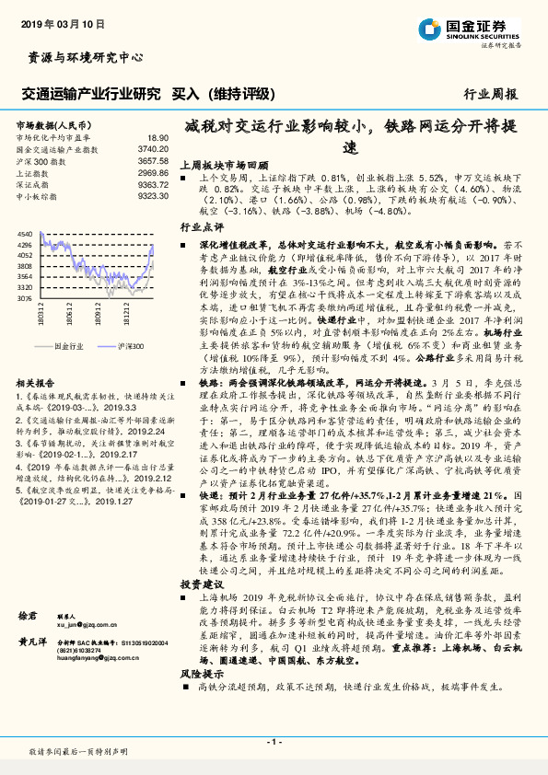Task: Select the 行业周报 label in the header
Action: click(490, 94)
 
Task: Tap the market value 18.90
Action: click(157, 137)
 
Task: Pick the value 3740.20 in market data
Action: click(153, 148)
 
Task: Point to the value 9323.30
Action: click(153, 195)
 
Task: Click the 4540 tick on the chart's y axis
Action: click(24, 235)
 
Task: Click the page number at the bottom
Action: click(274, 741)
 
